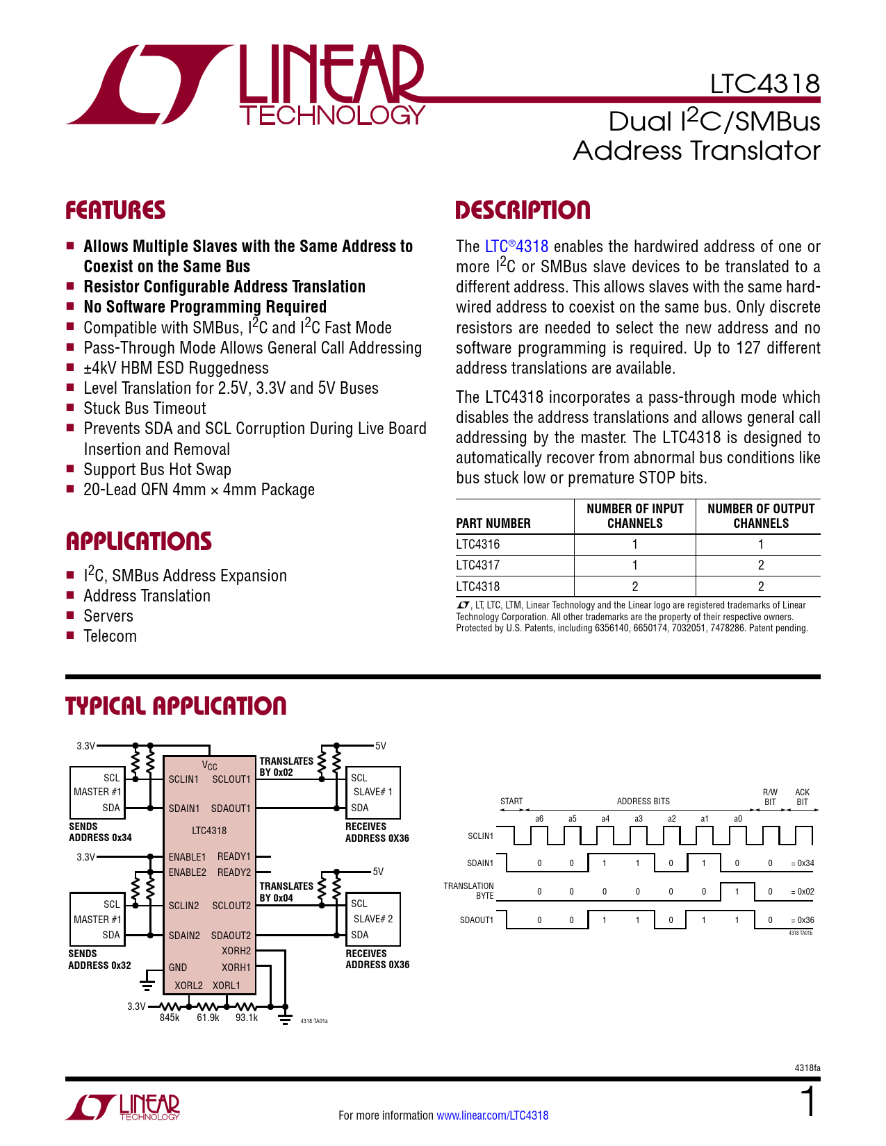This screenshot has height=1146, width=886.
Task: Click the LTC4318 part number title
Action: coord(764,84)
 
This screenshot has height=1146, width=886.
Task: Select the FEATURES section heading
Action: coord(115,210)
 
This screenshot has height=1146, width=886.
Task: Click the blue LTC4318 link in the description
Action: coord(516,247)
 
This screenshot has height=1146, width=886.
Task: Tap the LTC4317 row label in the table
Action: coord(478,565)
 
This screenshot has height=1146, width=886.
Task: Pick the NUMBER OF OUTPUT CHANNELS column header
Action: coord(761,516)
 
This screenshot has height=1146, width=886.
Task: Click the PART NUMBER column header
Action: coord(493,523)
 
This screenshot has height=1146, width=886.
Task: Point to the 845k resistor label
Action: coord(170,1018)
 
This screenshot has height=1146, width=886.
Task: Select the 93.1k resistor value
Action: coord(246,1018)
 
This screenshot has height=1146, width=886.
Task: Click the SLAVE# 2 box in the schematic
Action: coord(373,919)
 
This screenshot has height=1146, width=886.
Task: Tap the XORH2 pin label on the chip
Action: coord(236,951)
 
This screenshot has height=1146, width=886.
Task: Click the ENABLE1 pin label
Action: coord(187,857)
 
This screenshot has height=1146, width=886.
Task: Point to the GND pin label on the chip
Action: coord(178,968)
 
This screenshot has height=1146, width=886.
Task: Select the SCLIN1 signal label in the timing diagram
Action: coord(480,836)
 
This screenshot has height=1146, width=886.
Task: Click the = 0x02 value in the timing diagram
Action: coord(803,892)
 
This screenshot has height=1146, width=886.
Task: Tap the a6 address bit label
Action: coord(539,819)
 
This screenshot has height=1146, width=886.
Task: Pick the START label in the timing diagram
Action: coord(511,802)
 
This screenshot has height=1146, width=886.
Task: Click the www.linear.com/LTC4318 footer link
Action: coord(492,1115)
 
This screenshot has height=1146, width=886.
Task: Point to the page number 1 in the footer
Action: coord(808,1103)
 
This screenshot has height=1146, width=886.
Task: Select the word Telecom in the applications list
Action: coord(110,636)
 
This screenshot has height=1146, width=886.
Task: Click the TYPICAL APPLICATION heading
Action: coord(176,706)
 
